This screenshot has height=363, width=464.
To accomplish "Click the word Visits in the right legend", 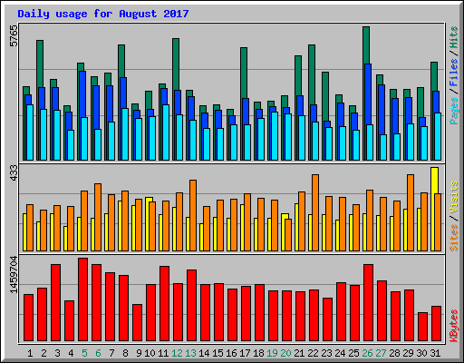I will click(453, 198).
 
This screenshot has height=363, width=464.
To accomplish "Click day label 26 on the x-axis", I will click(367, 353).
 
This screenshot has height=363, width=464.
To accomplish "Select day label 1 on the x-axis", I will click(30, 353).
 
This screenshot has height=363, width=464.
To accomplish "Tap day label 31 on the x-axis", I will click(435, 353).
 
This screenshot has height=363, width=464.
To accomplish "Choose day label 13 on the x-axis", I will click(190, 353).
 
